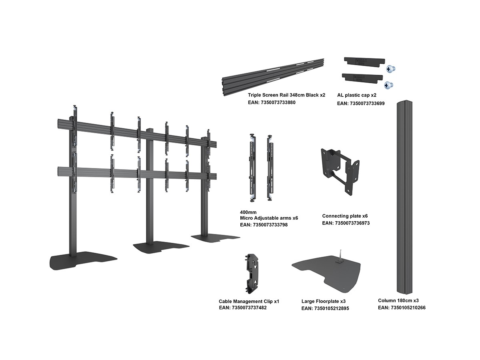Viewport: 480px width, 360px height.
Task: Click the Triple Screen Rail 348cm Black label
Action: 286,95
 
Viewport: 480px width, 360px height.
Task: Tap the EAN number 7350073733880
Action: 272,103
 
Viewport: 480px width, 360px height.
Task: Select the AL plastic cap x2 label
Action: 357,95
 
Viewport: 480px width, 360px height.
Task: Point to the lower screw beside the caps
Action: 388,85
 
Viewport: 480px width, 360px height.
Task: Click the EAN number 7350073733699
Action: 361,103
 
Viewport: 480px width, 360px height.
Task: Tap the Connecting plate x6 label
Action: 345,216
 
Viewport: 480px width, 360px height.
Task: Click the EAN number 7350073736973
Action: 346,223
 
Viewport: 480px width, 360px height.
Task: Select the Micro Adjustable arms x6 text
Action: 269,218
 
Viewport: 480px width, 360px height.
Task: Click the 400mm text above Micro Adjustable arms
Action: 248,212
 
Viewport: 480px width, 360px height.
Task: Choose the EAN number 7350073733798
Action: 264,225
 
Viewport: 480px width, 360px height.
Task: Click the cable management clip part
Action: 253,273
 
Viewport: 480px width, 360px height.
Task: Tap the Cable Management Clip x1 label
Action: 249,301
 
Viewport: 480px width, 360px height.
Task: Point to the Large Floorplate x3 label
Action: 324,301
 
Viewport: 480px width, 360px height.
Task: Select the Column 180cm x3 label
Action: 398,300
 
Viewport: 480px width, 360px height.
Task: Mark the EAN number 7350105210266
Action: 402,308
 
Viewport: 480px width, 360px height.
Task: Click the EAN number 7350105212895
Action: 325,308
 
